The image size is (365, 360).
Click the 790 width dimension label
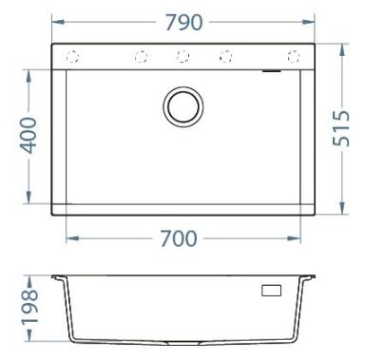pyautogui.click(x=184, y=23)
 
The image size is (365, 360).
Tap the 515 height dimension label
pyautogui.click(x=341, y=128)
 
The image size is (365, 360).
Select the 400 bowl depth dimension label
pyautogui.click(x=29, y=135)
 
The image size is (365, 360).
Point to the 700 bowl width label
pyautogui.click(x=179, y=238)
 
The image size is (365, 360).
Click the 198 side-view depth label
pyautogui.click(x=29, y=307)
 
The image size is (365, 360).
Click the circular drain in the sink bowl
pyautogui.click(x=183, y=106)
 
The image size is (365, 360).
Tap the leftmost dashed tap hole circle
pyautogui.click(x=72, y=57)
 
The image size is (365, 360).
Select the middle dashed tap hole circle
pyautogui.click(x=182, y=57)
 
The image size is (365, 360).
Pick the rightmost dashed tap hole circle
pyautogui.click(x=294, y=57)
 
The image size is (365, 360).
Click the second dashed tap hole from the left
pyautogui.click(x=141, y=57)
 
